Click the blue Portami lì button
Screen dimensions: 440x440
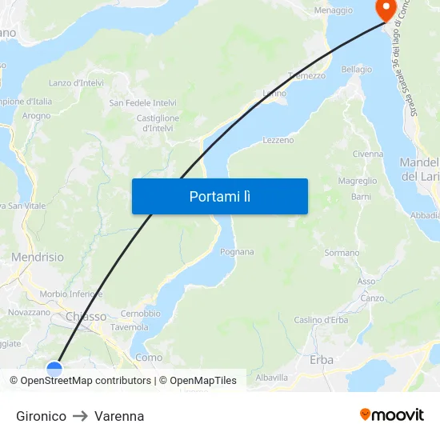tap(219, 196)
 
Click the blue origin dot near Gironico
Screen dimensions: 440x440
tap(54, 369)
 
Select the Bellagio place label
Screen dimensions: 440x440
tap(357, 70)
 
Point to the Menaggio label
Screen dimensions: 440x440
tap(334, 10)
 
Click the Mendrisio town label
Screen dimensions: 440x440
tap(38, 258)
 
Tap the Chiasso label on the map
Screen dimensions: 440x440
tap(86, 317)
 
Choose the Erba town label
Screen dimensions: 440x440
tap(322, 360)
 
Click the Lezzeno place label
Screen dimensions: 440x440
tap(278, 140)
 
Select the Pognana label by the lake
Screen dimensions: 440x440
tap(237, 252)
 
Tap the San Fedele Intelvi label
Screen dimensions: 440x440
tap(143, 103)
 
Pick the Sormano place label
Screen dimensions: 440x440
tap(342, 253)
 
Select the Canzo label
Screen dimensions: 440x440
tap(372, 298)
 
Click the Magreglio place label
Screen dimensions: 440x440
tap(358, 182)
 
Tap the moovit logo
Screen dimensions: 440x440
tap(392, 414)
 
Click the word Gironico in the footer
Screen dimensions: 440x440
tap(41, 416)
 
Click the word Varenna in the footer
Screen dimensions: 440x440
tap(119, 416)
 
